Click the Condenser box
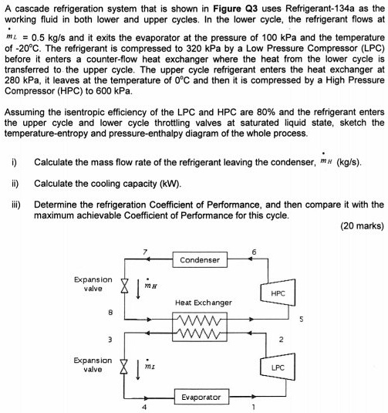[200, 259]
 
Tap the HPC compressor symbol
[278, 293]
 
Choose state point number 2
[282, 338]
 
